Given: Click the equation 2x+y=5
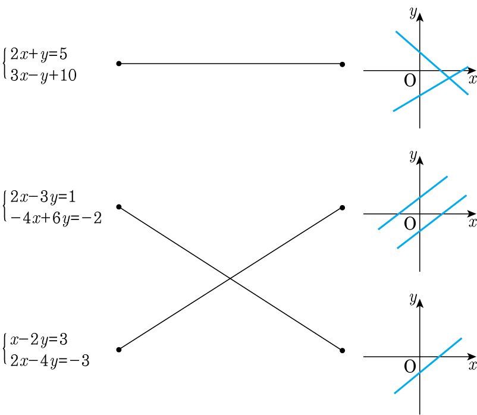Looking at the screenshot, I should pos(39,55).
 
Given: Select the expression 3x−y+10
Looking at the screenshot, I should pos(43,76).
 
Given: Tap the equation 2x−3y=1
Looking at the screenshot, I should pos(43,197).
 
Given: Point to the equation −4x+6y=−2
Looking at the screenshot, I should pos(56,218).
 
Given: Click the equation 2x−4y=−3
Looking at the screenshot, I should pos(50,360).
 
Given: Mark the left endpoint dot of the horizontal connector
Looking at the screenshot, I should pos(119,64).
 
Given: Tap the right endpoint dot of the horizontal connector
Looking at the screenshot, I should pos(342,64).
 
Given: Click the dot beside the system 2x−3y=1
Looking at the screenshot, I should pos(119,207).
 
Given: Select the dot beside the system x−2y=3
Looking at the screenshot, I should pos(119,350).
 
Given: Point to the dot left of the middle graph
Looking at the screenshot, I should pos(342,207).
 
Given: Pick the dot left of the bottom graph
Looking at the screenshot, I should pos(342,350).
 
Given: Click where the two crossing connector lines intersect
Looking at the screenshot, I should pos(230,278).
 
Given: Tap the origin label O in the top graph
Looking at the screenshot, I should pos(410,81).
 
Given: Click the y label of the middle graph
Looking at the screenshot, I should pos(412,156).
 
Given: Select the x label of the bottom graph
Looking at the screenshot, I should pos(472,364).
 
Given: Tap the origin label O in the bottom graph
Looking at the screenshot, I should pos(410,366).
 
